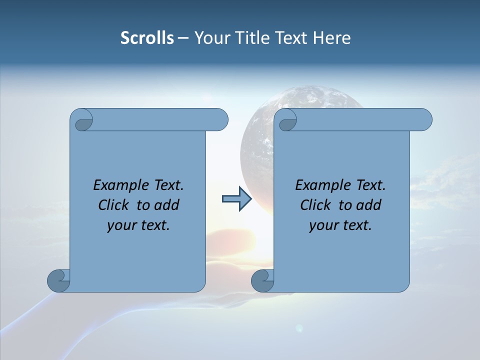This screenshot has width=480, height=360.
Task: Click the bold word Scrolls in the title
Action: pyautogui.click(x=147, y=37)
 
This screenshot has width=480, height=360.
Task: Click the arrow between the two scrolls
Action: pyautogui.click(x=236, y=199)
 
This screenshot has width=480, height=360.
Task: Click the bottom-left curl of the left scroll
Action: pyautogui.click(x=58, y=280)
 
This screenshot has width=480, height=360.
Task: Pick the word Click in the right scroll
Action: pyautogui.click(x=315, y=205)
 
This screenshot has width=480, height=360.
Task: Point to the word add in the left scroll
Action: pyautogui.click(x=167, y=205)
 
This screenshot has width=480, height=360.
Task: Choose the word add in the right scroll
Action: pyautogui.click(x=369, y=205)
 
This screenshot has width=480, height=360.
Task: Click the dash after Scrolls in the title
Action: pyautogui.click(x=183, y=38)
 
